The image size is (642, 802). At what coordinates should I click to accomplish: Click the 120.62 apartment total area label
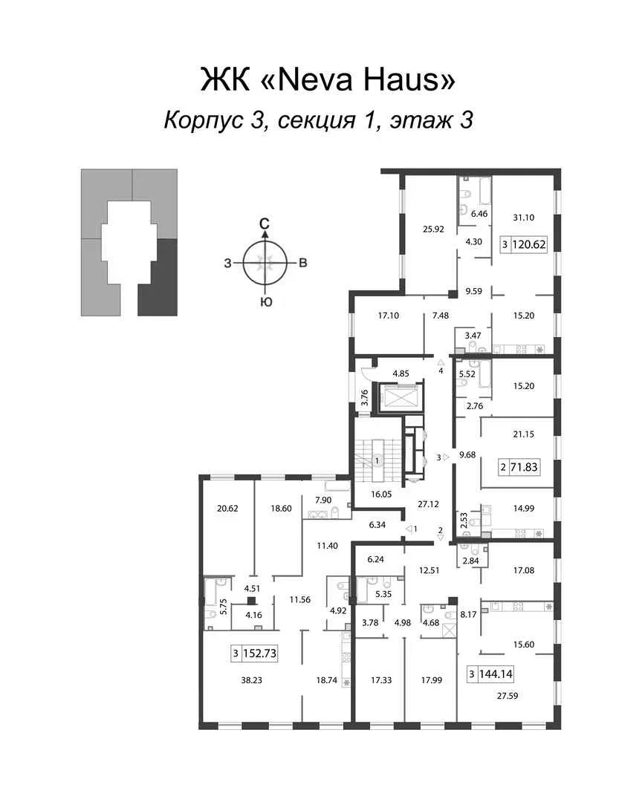(x=529, y=244)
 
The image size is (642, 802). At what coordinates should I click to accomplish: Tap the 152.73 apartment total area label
(x=259, y=653)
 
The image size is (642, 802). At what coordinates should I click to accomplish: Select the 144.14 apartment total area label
(x=496, y=674)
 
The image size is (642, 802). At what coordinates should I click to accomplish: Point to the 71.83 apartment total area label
(x=525, y=467)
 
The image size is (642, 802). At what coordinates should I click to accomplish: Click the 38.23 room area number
(x=251, y=680)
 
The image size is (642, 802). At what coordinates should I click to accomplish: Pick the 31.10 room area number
(x=524, y=218)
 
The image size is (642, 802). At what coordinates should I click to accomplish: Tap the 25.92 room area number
(x=433, y=229)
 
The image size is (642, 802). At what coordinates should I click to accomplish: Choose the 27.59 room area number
(x=508, y=696)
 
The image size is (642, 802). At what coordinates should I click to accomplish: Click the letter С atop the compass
(x=265, y=224)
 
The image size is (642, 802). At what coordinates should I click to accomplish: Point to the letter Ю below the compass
(x=265, y=302)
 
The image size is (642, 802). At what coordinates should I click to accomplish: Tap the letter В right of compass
(x=303, y=264)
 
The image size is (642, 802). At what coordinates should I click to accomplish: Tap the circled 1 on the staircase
(x=377, y=460)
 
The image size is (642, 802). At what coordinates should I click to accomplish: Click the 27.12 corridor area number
(x=428, y=504)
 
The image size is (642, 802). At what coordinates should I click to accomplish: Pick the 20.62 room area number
(x=227, y=509)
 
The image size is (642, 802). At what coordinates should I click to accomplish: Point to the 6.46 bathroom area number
(x=479, y=214)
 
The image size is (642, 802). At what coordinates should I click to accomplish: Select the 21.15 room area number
(x=524, y=434)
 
